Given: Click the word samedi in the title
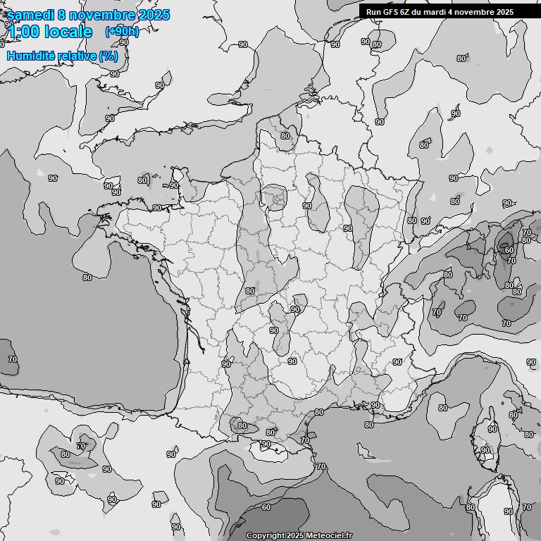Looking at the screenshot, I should click(x=30, y=15).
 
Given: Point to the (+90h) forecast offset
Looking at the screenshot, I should click(x=121, y=32).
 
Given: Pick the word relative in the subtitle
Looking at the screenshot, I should click(x=80, y=56).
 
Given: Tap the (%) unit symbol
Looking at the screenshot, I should click(x=109, y=56).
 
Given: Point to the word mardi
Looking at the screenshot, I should click(x=439, y=12).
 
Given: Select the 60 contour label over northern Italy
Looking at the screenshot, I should click(x=509, y=250).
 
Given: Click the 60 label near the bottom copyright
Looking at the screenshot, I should click(x=266, y=507).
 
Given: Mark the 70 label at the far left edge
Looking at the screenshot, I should click(x=13, y=359).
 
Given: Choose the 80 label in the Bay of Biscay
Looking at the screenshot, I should click(x=87, y=278).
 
